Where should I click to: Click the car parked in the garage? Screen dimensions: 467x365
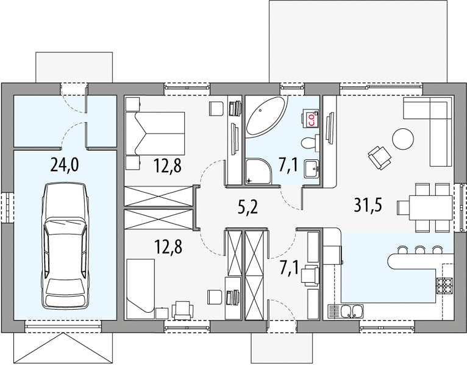[x=65, y=246]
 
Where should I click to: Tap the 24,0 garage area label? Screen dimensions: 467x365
[x=65, y=165]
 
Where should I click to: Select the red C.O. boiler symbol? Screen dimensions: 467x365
[x=311, y=118]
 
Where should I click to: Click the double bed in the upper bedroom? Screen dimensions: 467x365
[x=155, y=133]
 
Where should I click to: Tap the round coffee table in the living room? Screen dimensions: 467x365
[x=403, y=139]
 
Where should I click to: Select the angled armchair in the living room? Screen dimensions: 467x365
[x=379, y=158]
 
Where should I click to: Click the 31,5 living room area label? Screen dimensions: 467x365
[x=368, y=205]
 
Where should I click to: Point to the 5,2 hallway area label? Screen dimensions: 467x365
[x=248, y=207]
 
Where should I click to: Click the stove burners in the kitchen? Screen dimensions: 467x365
[x=445, y=285]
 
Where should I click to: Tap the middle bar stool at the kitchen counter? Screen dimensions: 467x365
[x=420, y=250]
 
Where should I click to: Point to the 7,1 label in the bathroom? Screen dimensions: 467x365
[x=288, y=165]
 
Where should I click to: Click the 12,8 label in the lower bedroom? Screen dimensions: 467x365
[x=168, y=248]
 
